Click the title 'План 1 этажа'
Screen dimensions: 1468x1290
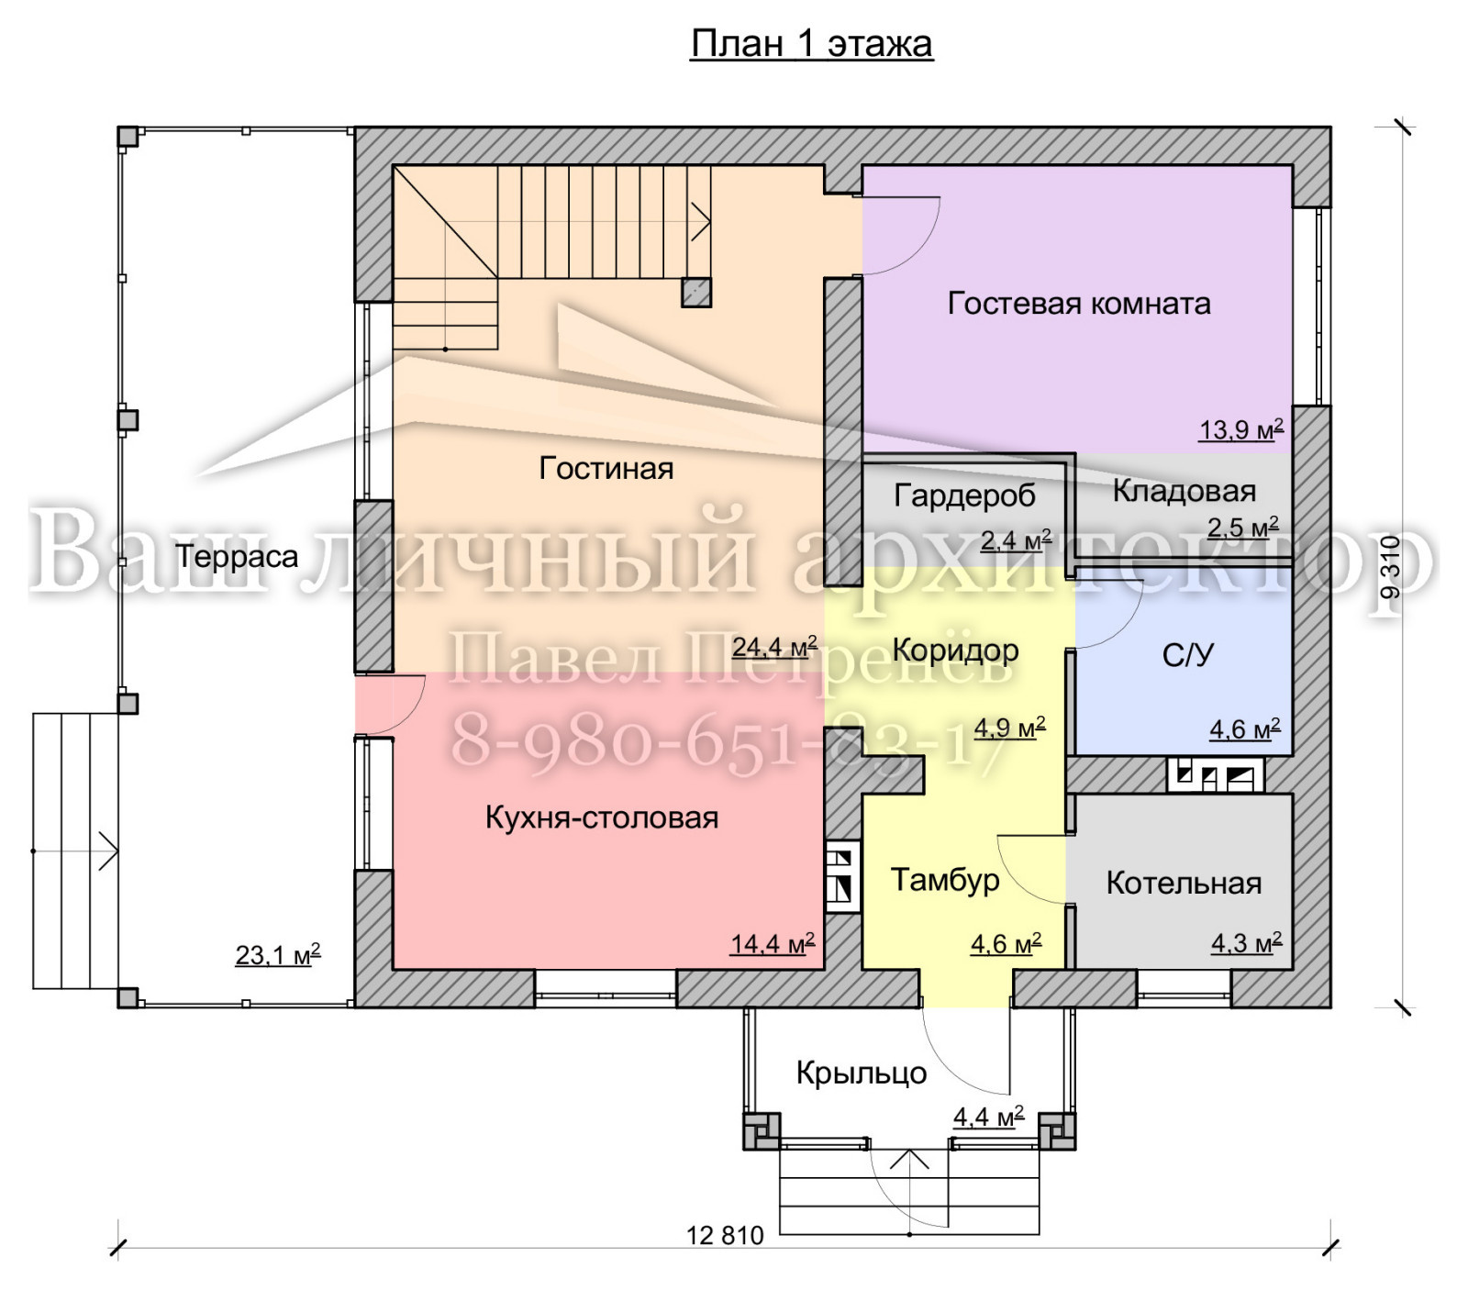(811, 44)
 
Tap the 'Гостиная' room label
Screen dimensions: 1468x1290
(606, 468)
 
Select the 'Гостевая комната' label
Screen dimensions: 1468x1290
(1079, 303)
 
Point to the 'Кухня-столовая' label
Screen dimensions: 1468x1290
(602, 817)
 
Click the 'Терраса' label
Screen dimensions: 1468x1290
(237, 557)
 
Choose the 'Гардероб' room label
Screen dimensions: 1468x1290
(964, 496)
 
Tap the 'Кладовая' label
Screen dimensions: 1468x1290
(1184, 491)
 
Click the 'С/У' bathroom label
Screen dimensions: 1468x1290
(1188, 654)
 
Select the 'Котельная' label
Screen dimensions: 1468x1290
(1184, 883)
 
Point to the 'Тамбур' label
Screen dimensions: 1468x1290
(945, 880)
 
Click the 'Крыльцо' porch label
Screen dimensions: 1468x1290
(862, 1073)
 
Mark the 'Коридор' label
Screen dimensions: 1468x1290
(955, 651)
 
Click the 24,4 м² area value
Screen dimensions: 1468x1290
(774, 647)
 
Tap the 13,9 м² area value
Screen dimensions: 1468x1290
(1241, 429)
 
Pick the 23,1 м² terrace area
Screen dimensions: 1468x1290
(278, 955)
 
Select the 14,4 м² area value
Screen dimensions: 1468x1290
(773, 943)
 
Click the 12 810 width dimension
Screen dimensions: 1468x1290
(725, 1235)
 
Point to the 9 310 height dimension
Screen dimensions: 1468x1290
(1391, 567)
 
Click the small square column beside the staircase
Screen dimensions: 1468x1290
(696, 292)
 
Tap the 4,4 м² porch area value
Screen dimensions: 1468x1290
(988, 1117)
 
